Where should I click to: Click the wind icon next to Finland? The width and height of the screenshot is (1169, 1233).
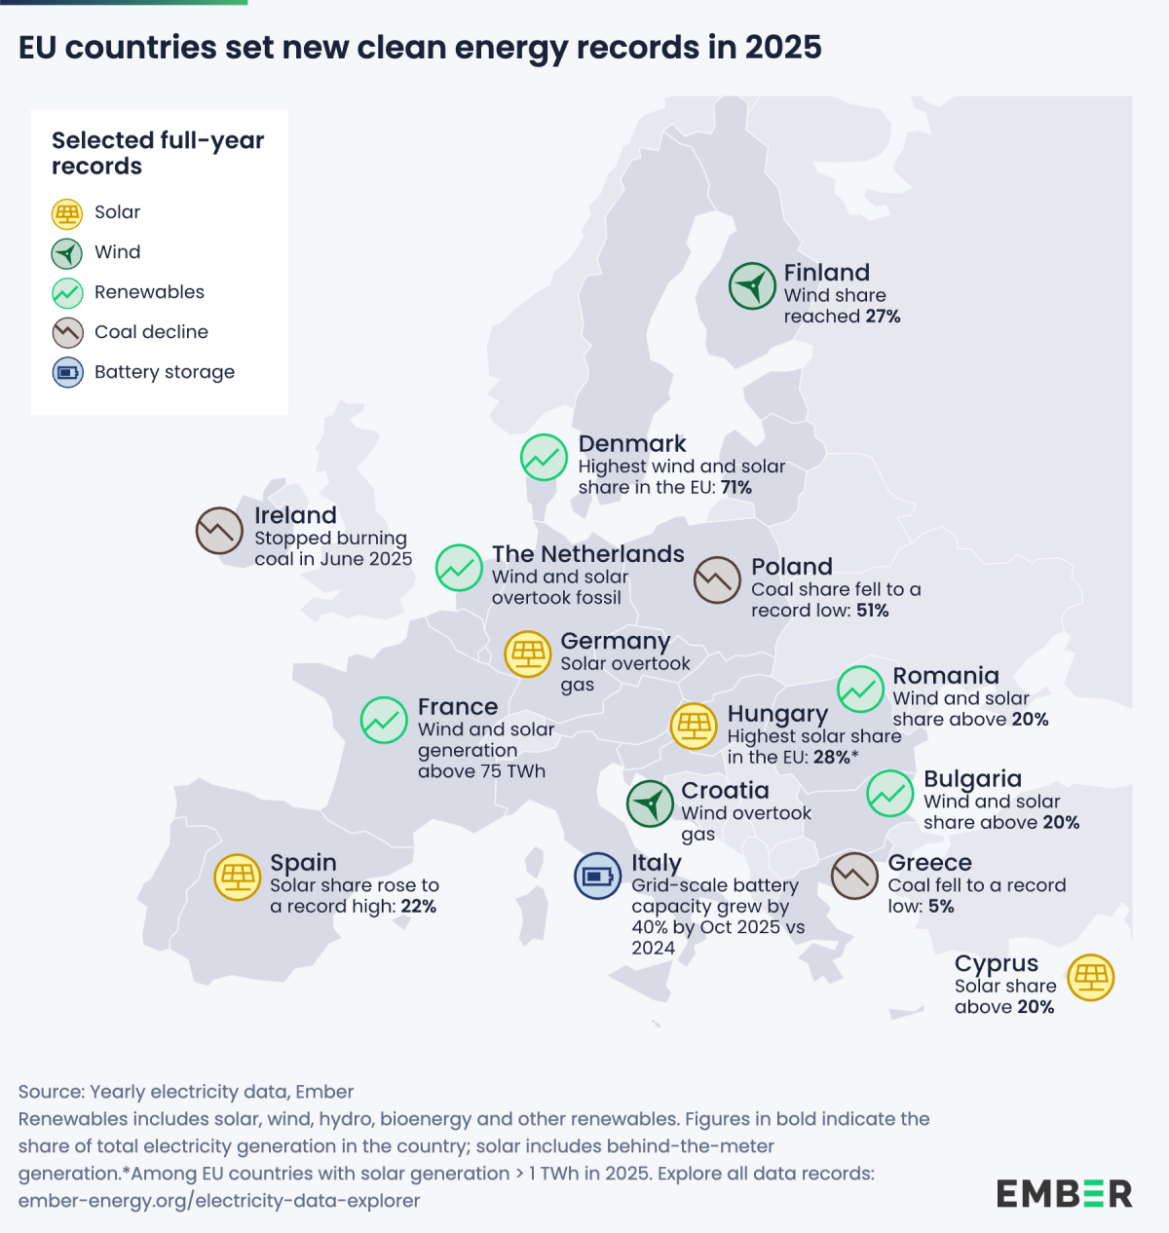click(x=752, y=286)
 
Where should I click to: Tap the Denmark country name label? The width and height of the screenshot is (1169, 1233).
click(x=631, y=444)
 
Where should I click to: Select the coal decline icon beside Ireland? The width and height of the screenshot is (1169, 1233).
click(x=219, y=531)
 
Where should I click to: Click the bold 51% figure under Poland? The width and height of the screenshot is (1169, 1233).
click(x=873, y=611)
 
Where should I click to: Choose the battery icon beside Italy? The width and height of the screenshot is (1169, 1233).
click(x=597, y=876)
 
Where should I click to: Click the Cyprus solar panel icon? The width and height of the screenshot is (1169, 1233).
click(x=1090, y=977)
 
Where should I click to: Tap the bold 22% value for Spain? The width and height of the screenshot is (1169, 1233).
click(x=418, y=907)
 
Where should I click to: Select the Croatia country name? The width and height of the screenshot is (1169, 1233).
click(x=725, y=791)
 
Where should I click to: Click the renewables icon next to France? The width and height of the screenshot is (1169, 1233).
click(x=384, y=721)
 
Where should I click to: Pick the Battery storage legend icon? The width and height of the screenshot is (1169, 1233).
click(x=67, y=372)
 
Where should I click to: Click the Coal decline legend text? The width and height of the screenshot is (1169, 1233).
click(x=151, y=332)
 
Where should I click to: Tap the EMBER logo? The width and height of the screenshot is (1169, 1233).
click(x=1064, y=1193)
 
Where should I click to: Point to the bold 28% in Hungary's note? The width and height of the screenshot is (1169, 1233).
click(x=831, y=758)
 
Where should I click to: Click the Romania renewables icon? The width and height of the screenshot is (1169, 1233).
click(x=861, y=690)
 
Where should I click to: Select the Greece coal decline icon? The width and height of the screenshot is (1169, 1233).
click(x=854, y=876)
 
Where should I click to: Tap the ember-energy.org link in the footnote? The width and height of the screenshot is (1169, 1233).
click(x=218, y=1201)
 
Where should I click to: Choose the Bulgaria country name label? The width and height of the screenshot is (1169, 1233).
click(x=972, y=779)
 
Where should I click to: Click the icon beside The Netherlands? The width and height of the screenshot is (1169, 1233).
click(x=459, y=568)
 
